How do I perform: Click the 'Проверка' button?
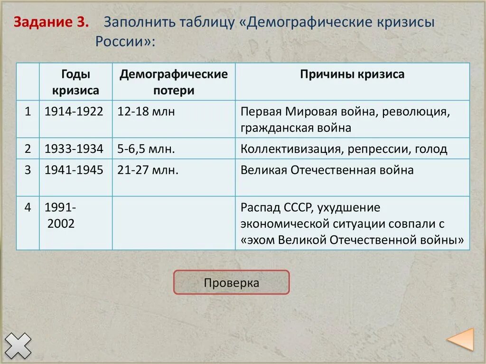231,283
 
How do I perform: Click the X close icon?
18,345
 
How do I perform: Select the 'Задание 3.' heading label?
51,22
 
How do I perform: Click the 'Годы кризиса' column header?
76,82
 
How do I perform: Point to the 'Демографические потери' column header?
174,82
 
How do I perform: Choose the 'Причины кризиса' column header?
352,75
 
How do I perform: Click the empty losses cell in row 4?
174,223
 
